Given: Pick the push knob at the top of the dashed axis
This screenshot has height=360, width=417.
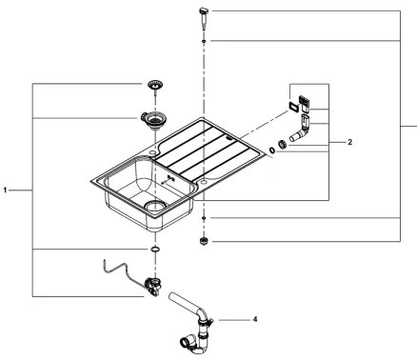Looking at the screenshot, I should pyautogui.click(x=204, y=11).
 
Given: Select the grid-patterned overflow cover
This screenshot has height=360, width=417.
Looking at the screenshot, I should pyautogui.click(x=306, y=99).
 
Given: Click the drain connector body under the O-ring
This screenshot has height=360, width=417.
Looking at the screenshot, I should pyautogui.click(x=150, y=283).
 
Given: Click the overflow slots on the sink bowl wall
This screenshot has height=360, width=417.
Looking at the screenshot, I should pyautogui.click(x=169, y=178).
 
